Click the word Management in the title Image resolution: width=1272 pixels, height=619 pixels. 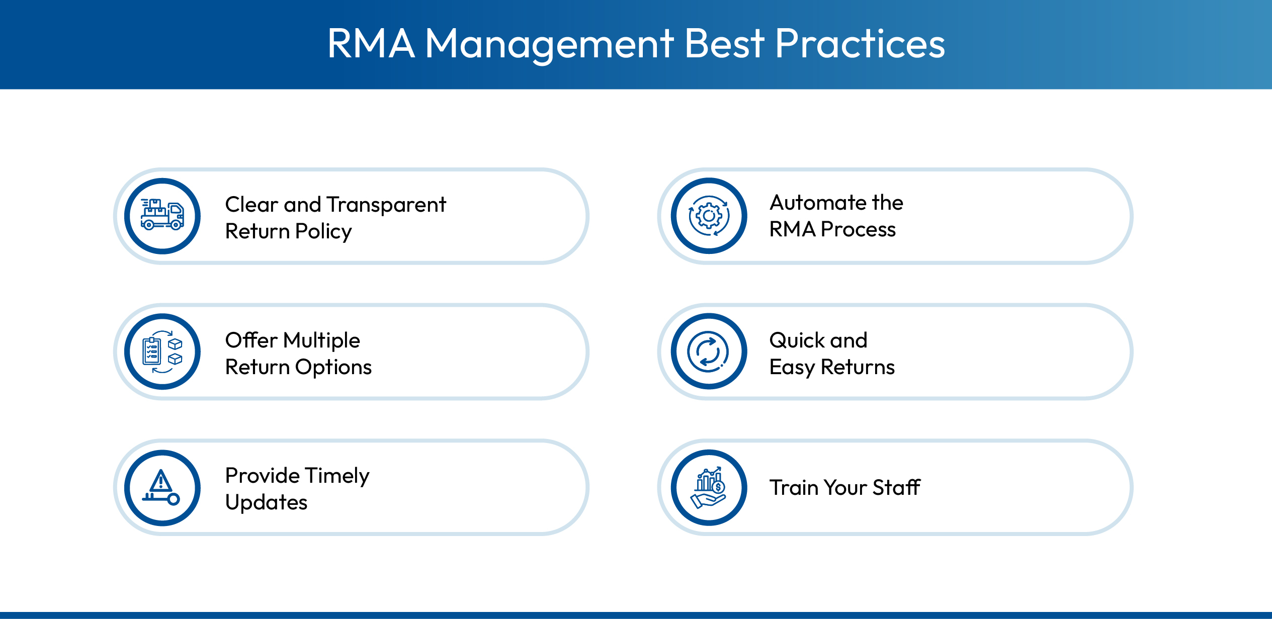[549, 44]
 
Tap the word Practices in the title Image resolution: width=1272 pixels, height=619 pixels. [860, 44]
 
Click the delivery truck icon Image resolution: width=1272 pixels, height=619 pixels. [162, 216]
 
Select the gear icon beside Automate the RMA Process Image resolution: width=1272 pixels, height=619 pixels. [709, 216]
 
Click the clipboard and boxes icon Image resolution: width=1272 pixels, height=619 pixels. [162, 351]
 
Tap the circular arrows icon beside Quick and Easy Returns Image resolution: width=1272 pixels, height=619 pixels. [709, 351]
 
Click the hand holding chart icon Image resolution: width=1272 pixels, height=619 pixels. [709, 487]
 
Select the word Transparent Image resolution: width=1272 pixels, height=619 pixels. [386, 205]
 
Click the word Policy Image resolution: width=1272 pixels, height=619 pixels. [323, 232]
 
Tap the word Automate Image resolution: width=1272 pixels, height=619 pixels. [818, 203]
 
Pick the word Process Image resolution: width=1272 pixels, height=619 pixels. [858, 229]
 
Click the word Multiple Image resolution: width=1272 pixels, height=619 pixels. [321, 340]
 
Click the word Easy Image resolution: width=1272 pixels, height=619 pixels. [792, 368]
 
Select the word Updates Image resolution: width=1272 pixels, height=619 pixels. [266, 502]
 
